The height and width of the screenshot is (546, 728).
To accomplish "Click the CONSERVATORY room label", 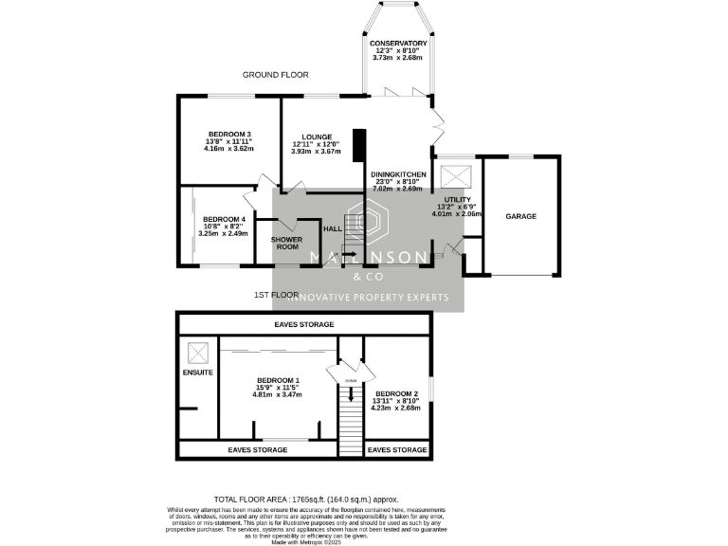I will coord(398,44).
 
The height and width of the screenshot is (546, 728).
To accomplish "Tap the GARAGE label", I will coord(520,216).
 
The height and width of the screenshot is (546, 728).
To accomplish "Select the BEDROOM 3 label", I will coord(228,134).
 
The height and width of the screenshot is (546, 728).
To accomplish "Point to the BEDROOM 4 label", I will coord(225,220).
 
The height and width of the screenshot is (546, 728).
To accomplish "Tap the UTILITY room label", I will coord(458,200).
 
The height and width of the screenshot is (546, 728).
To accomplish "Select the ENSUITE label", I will coord(198,373).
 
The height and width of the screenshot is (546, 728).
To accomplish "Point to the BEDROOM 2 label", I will coord(396,393).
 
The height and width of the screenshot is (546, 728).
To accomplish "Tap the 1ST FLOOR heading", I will coord(276,296).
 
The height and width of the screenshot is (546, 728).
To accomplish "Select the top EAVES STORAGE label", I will coord(304,324).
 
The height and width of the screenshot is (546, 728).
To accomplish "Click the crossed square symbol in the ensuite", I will coord(198,353).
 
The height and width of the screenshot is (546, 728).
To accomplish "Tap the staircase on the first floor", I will coord(351,427).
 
